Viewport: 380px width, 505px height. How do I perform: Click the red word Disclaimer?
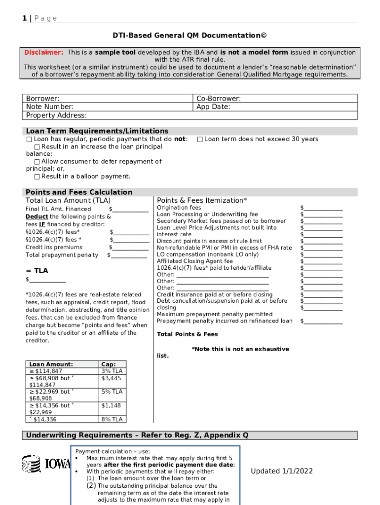coord(44,52)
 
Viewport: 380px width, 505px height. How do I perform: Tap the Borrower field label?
coord(42,99)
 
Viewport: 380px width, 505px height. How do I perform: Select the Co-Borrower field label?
coord(219,99)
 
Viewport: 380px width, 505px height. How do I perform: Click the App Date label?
coord(213,107)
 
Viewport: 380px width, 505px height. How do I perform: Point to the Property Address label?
coord(56,115)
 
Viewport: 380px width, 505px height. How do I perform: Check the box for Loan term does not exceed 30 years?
coord(200,140)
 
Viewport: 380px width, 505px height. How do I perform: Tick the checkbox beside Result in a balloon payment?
coord(37,177)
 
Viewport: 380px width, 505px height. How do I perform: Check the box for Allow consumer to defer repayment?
coord(37,162)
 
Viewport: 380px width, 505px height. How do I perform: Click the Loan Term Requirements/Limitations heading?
coord(97,131)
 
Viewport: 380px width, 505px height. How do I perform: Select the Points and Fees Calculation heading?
coord(79,192)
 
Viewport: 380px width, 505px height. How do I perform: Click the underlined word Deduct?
coord(37,216)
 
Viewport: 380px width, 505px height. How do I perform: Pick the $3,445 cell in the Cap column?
coord(111,378)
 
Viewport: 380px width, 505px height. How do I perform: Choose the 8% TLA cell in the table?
coord(112,420)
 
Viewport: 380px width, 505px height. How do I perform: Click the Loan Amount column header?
coord(51,364)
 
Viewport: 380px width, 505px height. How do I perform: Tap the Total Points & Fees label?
coord(187,334)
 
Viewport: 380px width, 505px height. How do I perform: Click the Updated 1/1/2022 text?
coord(281,471)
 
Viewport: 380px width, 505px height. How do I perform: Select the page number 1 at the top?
coord(24,18)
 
